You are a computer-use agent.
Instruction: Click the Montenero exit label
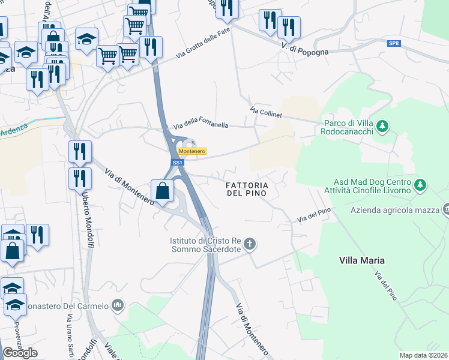click(193, 151)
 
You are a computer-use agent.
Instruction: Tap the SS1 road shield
click(177, 163)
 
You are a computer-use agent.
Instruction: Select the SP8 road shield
click(393, 44)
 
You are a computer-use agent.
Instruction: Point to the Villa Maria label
click(361, 260)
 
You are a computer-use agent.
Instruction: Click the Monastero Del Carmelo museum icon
click(118, 305)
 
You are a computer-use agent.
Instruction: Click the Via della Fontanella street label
click(200, 125)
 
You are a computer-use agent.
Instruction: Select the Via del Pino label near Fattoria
click(314, 217)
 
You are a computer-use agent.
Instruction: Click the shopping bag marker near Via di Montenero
click(163, 191)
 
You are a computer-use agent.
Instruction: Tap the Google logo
click(20, 353)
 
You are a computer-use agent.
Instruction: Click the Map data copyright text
click(423, 355)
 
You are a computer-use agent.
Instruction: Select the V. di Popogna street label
click(304, 49)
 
